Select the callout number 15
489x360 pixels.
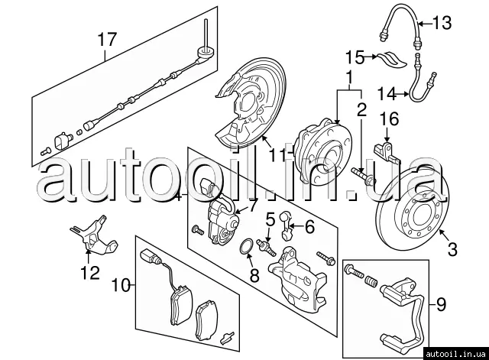[354, 57]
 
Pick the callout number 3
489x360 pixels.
[452, 248]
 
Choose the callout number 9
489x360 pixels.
[439, 306]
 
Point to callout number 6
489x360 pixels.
[309, 226]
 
